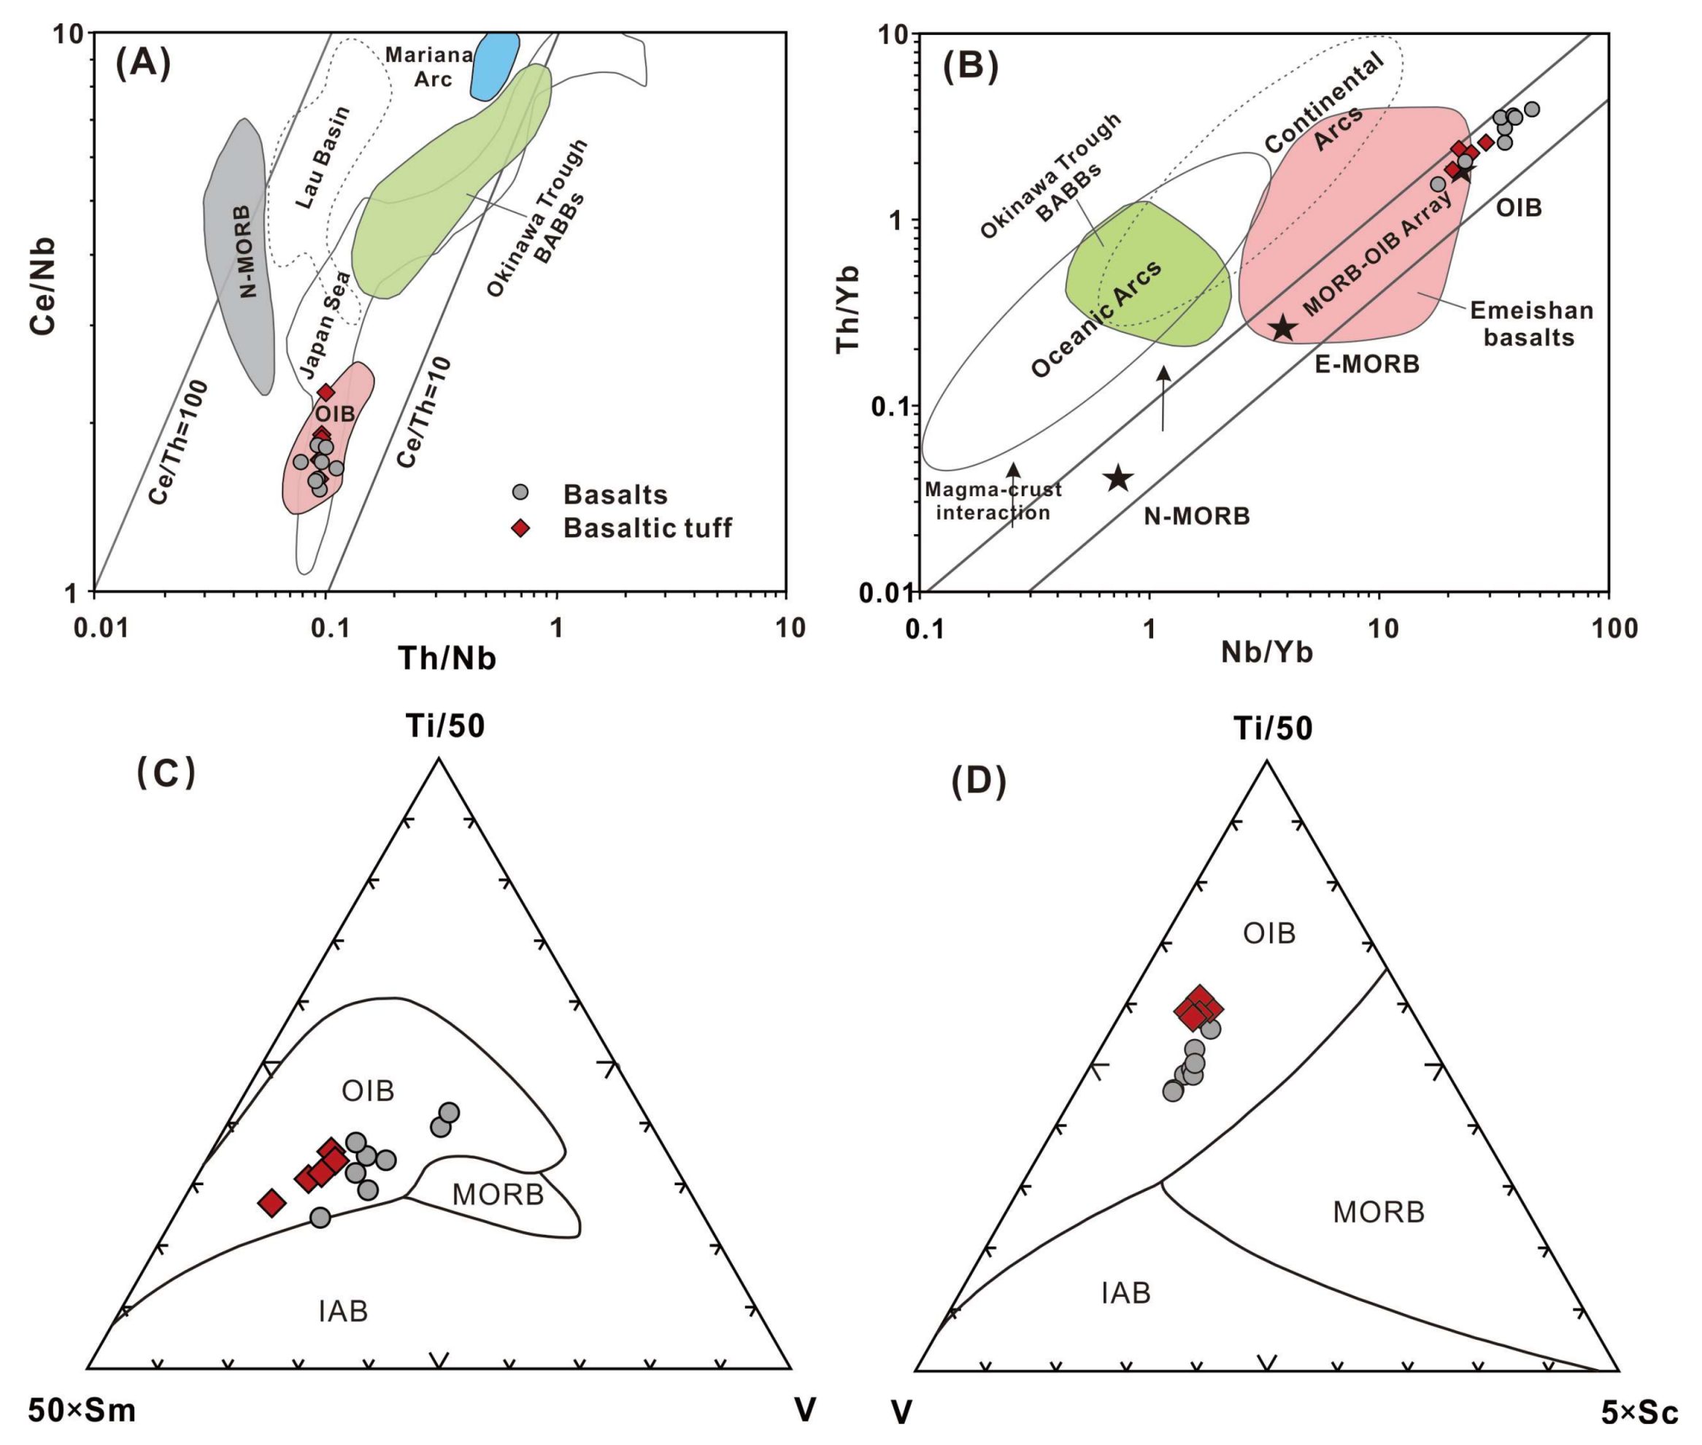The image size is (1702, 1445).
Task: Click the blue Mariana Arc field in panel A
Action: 495,65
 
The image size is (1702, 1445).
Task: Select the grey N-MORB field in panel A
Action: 239,254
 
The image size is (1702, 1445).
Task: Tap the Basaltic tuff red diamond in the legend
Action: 520,528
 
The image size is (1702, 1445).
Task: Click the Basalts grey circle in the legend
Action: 520,493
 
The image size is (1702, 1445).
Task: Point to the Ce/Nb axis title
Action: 42,286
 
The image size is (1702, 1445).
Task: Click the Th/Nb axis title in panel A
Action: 447,658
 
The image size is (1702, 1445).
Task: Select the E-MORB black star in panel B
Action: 1284,328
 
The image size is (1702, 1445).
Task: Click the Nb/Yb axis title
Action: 1267,652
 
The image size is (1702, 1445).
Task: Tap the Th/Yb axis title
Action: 849,309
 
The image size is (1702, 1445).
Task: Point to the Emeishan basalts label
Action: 1530,323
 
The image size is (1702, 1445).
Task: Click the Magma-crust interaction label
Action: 993,501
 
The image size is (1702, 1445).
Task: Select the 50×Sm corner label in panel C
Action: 82,1411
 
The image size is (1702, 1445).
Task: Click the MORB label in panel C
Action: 497,1195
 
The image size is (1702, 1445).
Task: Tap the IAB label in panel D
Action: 1126,1292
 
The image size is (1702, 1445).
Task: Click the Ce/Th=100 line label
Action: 179,442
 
